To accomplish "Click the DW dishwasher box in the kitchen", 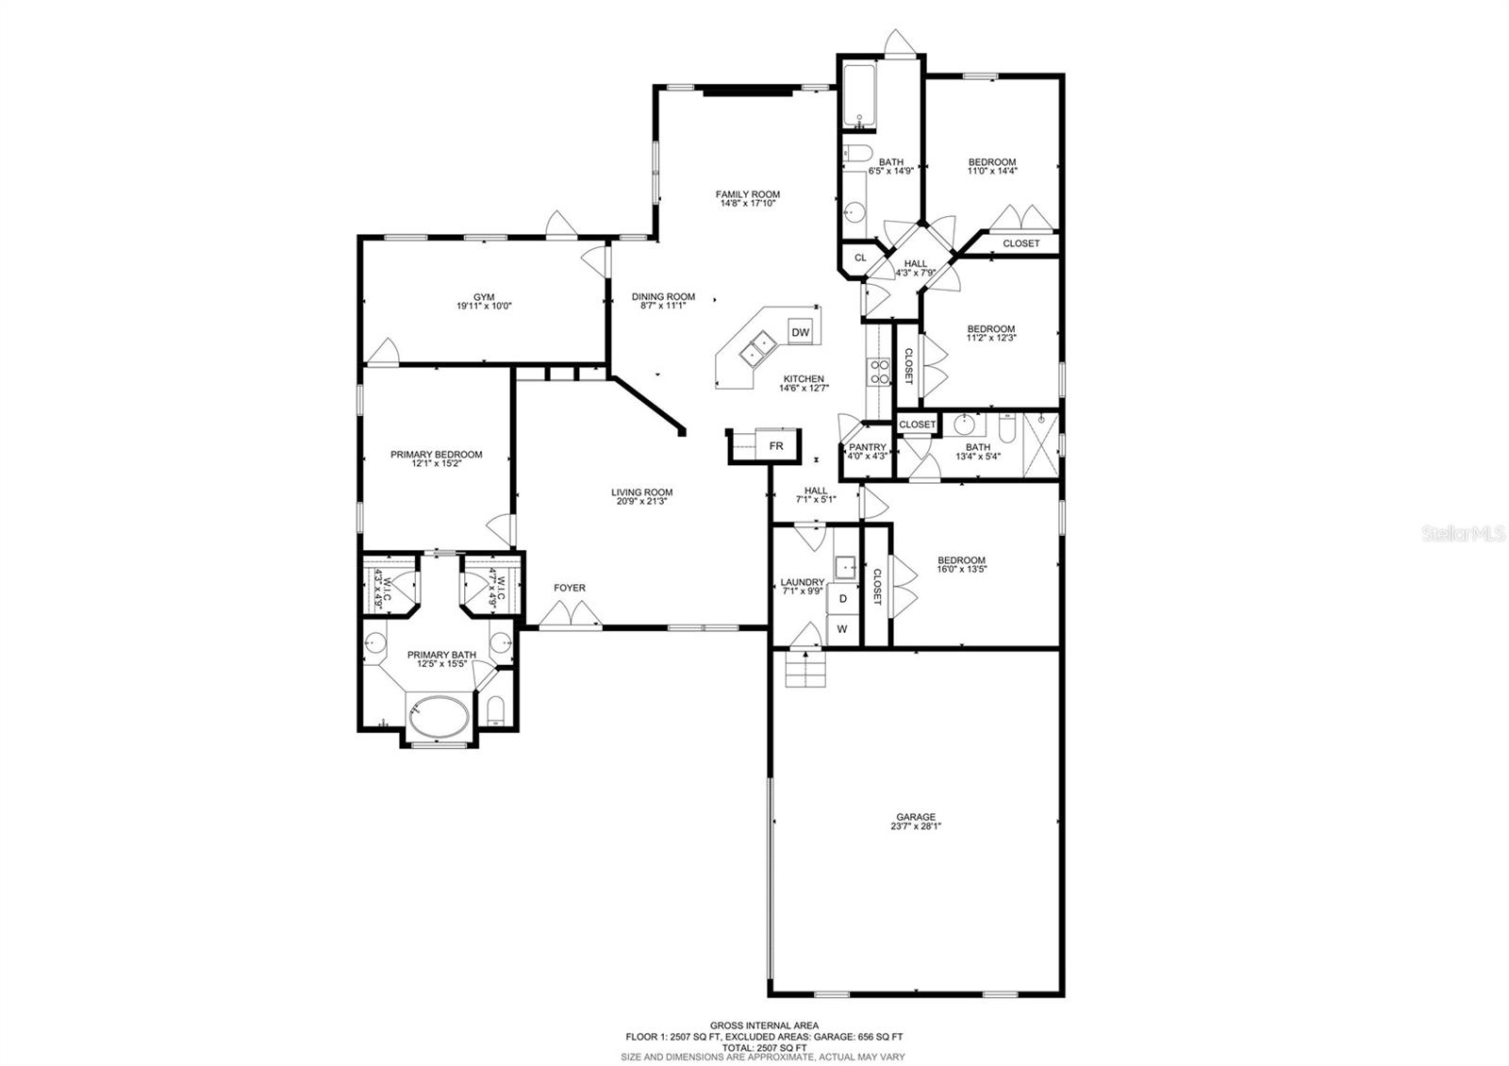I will [800, 332].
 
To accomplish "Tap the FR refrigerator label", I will [776, 445].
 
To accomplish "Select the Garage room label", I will [916, 817].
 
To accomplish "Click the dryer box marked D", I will [844, 598].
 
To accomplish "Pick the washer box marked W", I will [843, 629].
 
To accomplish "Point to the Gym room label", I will [484, 297].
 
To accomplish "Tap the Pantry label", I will [868, 447].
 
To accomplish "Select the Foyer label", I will [569, 588].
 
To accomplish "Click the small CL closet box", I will [860, 258].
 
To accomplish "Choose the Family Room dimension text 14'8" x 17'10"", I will [748, 203].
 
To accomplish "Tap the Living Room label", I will [641, 491].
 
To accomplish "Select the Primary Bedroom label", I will [436, 455].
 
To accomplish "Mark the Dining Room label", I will [663, 296].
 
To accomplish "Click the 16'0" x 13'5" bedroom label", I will [961, 564].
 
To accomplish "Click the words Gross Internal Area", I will [764, 1024].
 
